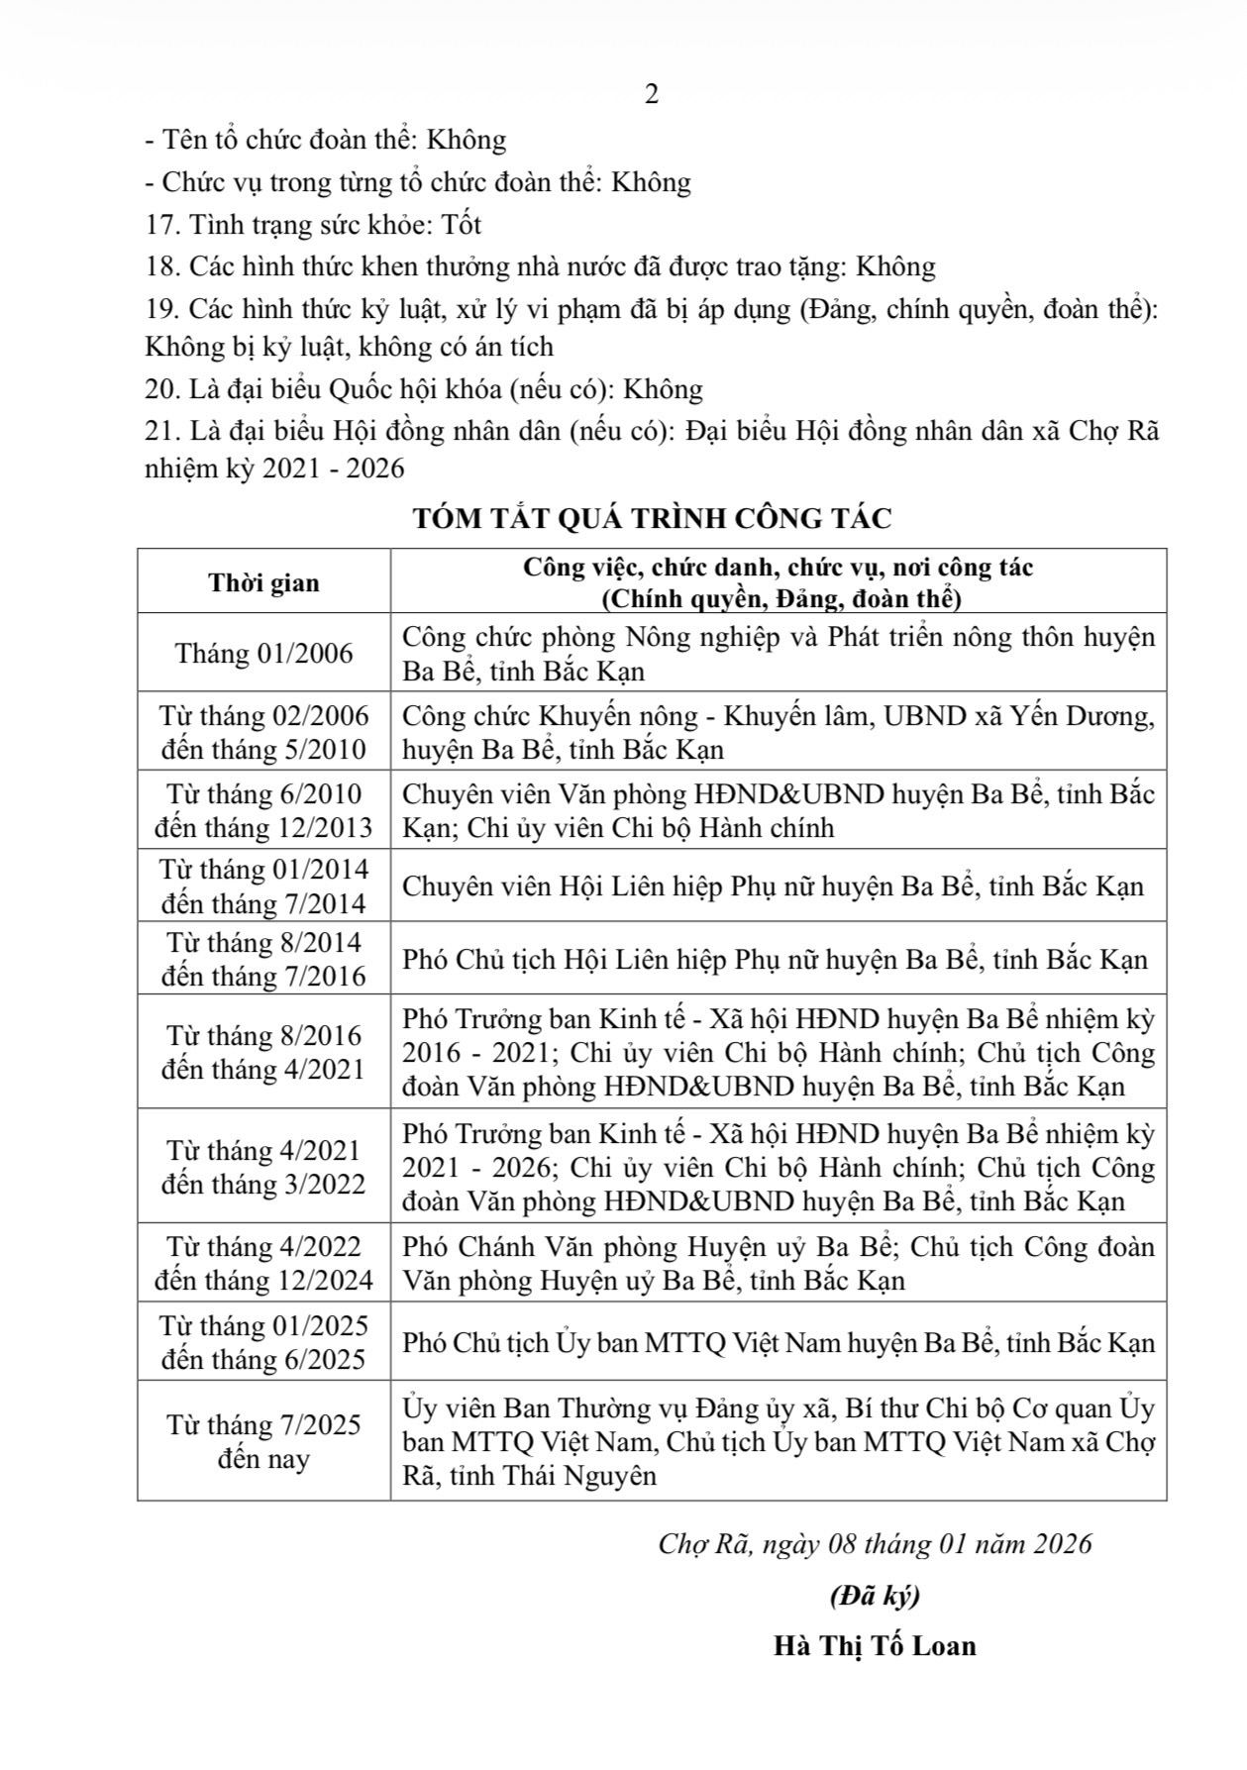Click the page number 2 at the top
[651, 95]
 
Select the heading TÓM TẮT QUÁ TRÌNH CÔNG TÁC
[652, 518]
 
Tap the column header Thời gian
[263, 582]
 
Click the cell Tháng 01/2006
[263, 654]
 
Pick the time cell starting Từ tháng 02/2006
[263, 732]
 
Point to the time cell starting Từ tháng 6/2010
[263, 810]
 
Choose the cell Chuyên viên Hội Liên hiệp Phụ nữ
[773, 885]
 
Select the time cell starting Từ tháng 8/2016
[263, 1052]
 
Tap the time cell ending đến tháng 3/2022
[263, 1184]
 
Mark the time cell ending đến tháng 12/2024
[263, 1280]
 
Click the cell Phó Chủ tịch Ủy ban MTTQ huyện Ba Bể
[778, 1343]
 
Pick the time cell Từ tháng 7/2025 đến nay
[263, 1441]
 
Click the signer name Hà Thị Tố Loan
[875, 1645]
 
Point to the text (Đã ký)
[875, 1596]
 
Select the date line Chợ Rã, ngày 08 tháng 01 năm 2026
[875, 1544]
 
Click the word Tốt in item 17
[462, 225]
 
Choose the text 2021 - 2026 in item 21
[334, 468]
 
